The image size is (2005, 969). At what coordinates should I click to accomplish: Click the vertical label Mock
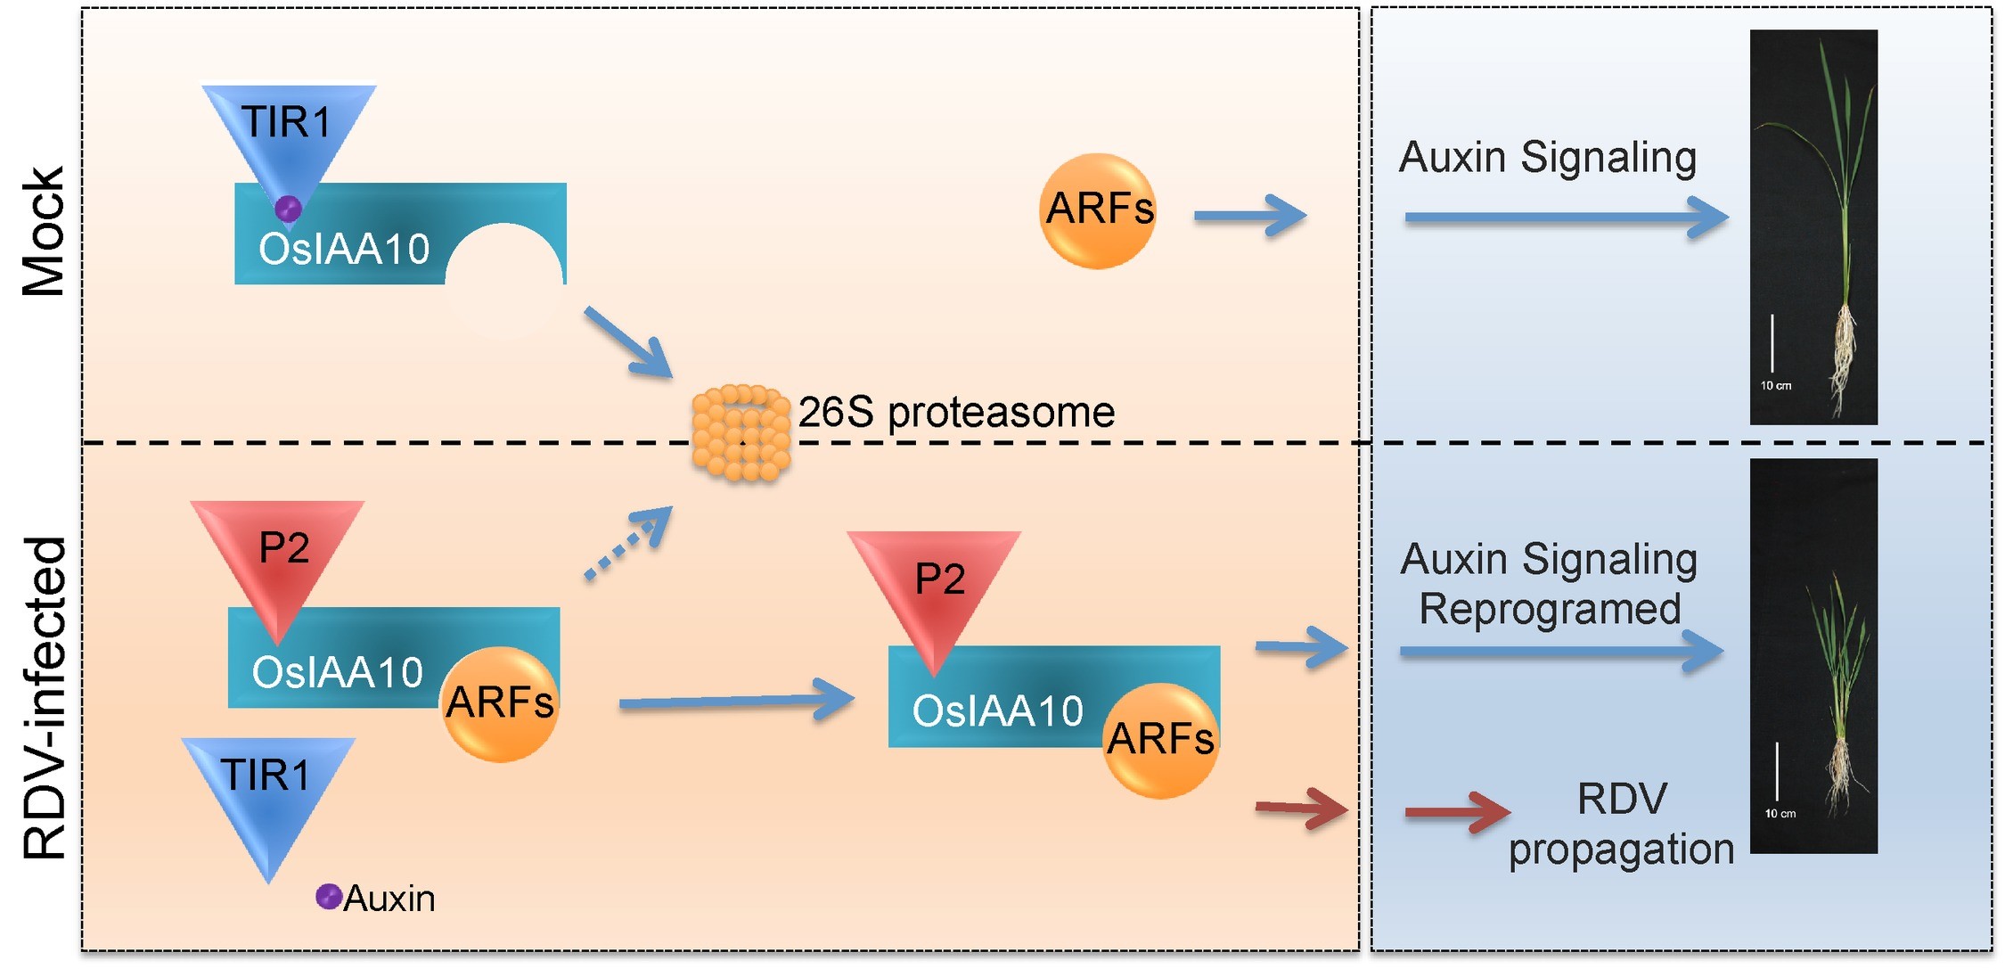(43, 232)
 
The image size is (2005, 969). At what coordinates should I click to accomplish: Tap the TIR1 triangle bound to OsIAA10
(288, 134)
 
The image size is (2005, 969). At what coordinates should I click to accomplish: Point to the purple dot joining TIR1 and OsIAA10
(288, 209)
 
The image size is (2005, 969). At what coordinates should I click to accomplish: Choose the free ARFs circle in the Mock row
(1098, 210)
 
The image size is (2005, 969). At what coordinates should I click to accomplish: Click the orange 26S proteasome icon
(741, 433)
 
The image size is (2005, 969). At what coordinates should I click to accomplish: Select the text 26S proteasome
(956, 412)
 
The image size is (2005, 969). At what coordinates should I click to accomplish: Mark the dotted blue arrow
(627, 544)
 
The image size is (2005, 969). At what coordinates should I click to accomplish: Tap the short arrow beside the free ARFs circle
(1249, 216)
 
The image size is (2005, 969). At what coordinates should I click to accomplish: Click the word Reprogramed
(1550, 610)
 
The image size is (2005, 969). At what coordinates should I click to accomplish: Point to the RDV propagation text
(1621, 824)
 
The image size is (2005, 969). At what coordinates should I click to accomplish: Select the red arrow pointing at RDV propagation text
(1456, 812)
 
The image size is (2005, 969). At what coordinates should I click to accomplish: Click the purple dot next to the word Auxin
(329, 896)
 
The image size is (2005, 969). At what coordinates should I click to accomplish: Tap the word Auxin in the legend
(389, 899)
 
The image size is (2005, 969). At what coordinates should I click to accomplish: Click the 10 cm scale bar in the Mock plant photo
(1772, 343)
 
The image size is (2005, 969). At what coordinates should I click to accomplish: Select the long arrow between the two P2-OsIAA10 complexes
(735, 701)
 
